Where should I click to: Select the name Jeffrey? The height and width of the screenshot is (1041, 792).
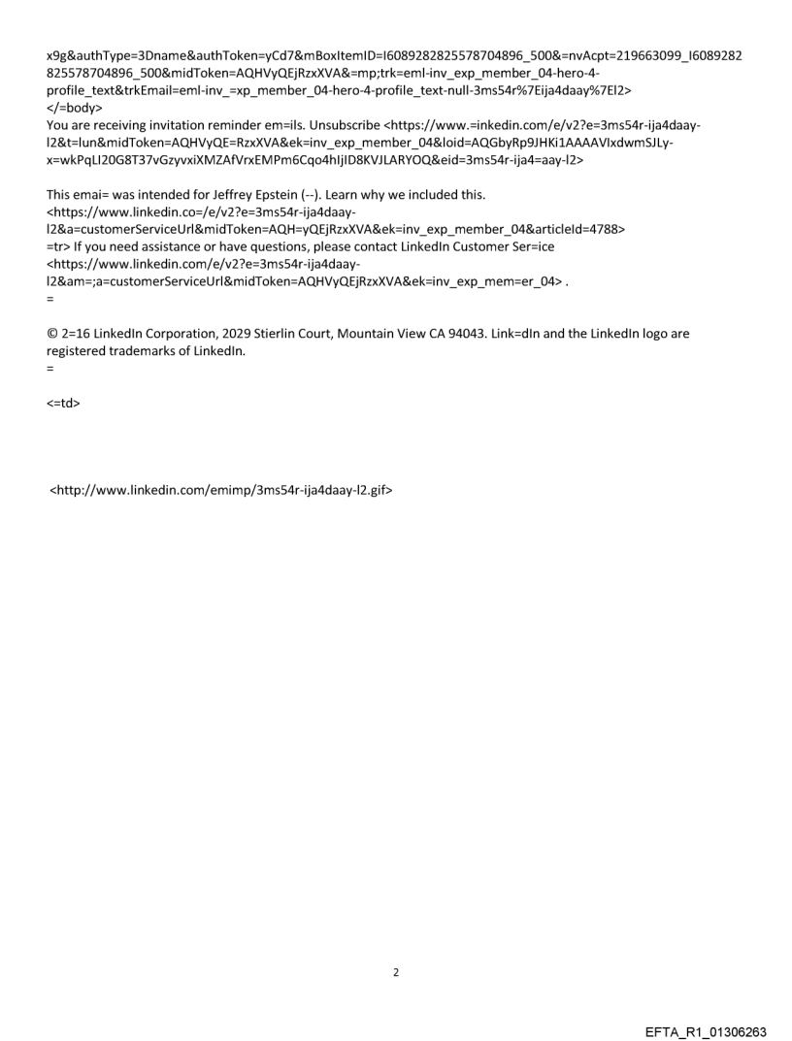[264, 194]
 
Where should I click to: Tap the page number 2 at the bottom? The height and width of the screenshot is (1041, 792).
[395, 972]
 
